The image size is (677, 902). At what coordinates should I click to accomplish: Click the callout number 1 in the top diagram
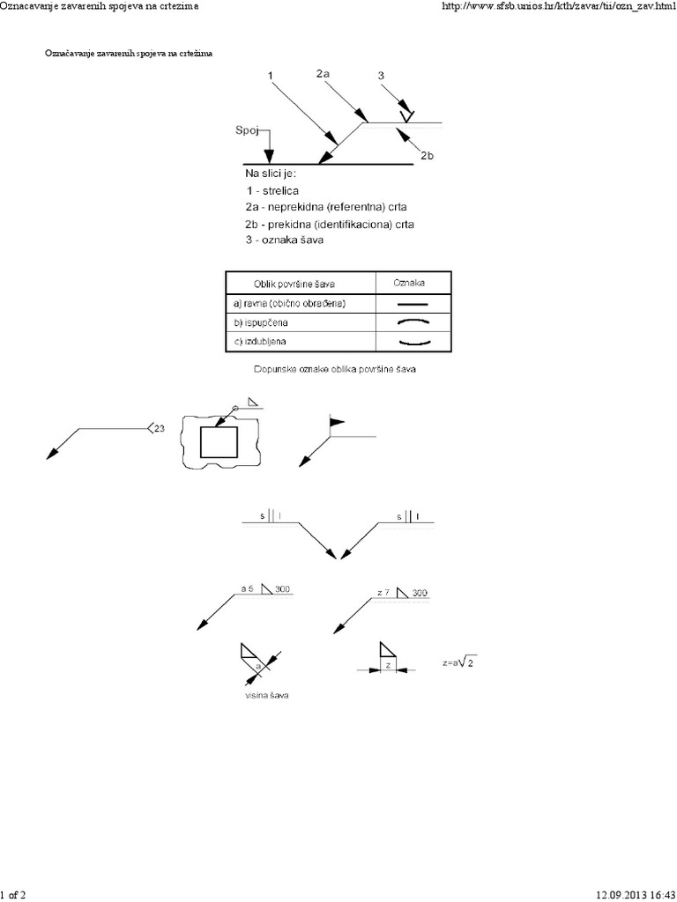[270, 76]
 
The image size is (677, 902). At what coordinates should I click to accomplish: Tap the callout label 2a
[323, 75]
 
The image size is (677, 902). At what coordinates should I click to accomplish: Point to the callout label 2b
[428, 156]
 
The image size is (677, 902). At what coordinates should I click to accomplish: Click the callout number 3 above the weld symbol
[381, 76]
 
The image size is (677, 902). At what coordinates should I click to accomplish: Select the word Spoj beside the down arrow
[246, 131]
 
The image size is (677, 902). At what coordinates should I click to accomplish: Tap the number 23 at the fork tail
[159, 429]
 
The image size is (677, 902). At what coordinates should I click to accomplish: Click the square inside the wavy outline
[219, 441]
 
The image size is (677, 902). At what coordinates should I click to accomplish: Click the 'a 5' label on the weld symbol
[249, 588]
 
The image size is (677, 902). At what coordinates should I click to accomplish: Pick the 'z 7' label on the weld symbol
[383, 594]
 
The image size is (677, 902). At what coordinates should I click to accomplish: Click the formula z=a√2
[464, 663]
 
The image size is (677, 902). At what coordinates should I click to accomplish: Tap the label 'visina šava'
[267, 696]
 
